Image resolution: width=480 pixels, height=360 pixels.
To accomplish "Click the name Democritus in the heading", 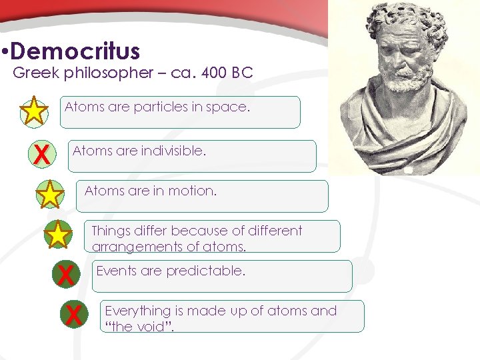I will [x=75, y=51].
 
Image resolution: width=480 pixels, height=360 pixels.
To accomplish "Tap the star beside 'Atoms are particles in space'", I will [x=34, y=111].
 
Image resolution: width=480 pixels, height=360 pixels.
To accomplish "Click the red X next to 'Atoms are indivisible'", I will [x=41, y=155].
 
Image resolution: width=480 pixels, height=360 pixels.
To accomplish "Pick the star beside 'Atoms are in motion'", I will [x=49, y=195].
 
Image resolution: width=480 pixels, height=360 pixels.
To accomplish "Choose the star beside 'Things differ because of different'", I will [x=59, y=235].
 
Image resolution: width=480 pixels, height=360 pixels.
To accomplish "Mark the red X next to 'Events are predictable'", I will [x=65, y=275].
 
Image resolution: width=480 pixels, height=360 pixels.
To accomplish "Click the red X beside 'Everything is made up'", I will [x=73, y=315].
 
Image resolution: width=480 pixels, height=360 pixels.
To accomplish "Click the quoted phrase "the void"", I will [x=138, y=327].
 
